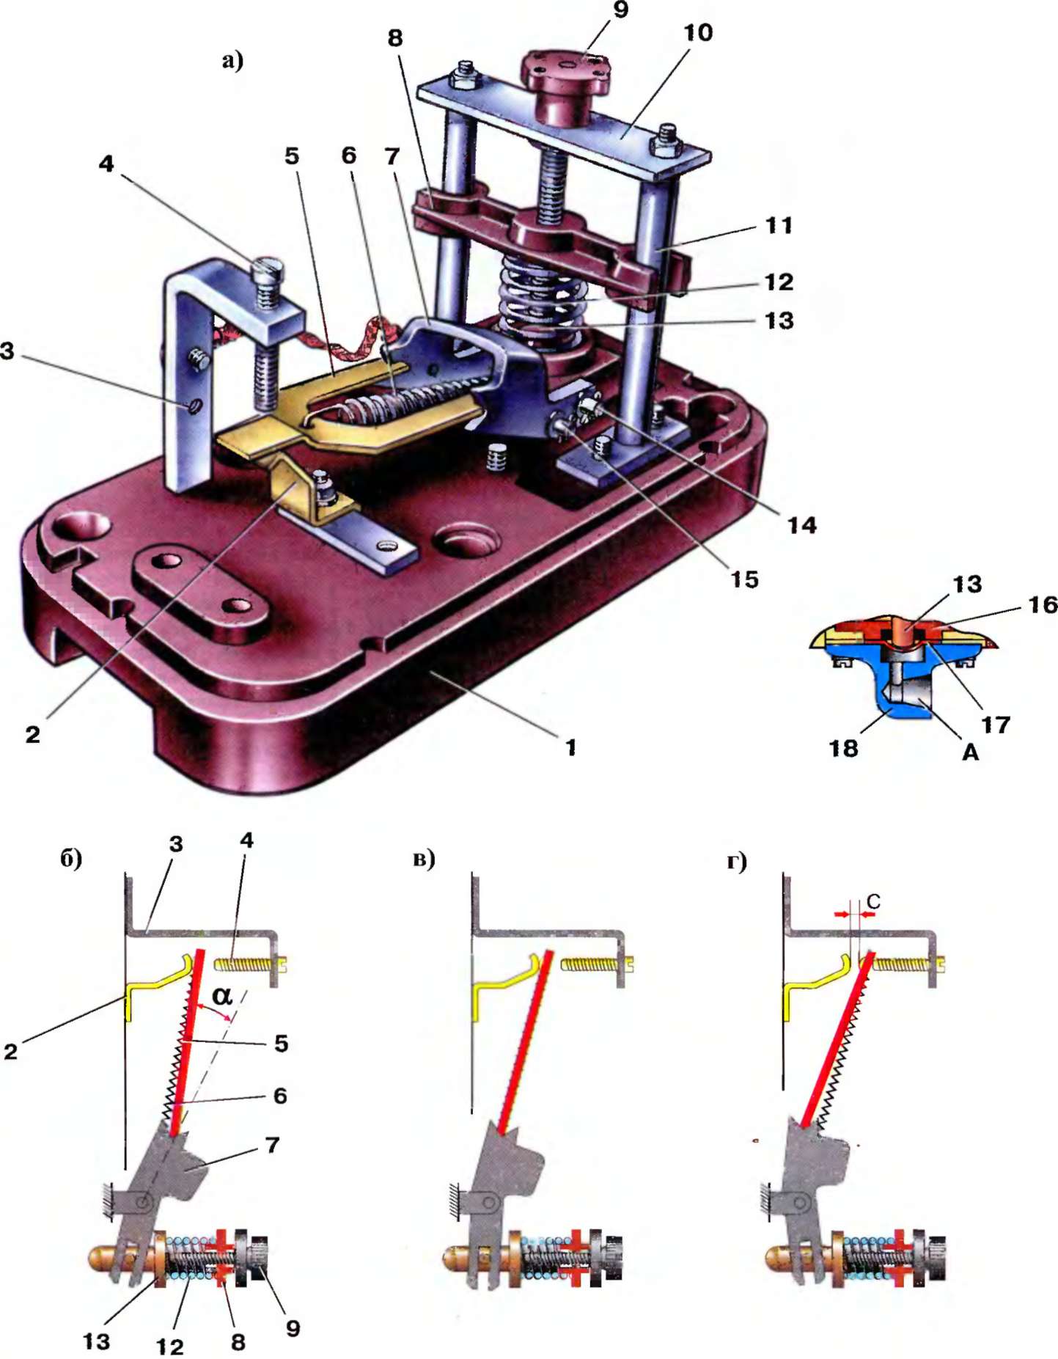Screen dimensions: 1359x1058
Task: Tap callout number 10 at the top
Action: point(697,33)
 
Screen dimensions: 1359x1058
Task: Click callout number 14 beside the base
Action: point(801,525)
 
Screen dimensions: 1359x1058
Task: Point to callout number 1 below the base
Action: point(570,747)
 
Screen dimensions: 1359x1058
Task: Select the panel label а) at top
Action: point(232,60)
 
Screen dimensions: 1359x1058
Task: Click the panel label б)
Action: point(71,858)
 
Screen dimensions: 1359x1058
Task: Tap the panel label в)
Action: point(424,858)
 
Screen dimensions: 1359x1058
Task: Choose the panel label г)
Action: point(737,861)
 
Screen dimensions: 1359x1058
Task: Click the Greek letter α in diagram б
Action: point(222,995)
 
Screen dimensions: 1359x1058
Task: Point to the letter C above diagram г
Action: point(873,901)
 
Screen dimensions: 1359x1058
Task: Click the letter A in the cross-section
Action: point(969,752)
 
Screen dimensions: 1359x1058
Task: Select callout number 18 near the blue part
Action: point(843,748)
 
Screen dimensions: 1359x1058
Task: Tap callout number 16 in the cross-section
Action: point(1042,605)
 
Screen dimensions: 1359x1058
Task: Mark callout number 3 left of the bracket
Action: point(7,351)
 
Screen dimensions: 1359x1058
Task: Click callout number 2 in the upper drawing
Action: point(32,734)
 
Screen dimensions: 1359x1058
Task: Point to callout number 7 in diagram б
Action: point(272,1145)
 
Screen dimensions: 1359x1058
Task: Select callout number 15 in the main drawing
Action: point(743,579)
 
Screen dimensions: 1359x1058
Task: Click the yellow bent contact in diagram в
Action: point(506,982)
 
